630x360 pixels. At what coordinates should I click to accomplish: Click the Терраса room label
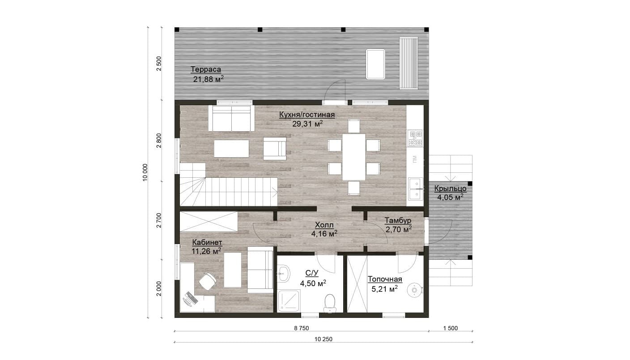(x=206, y=69)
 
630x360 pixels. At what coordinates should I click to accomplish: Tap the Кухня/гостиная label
(x=307, y=115)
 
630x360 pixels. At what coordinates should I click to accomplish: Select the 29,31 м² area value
(x=307, y=124)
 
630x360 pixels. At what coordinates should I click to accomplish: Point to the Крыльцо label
(x=450, y=189)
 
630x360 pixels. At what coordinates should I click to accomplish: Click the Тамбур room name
(x=398, y=220)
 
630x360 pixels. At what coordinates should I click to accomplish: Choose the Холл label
(x=324, y=225)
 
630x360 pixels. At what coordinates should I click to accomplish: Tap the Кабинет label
(x=207, y=242)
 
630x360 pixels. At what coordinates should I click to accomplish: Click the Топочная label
(x=385, y=279)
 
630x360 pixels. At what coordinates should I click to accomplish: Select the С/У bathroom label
(x=311, y=273)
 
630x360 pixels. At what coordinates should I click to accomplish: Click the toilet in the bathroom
(x=330, y=304)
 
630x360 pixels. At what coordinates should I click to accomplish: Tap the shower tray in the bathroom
(x=289, y=301)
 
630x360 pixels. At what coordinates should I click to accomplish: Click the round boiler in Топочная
(x=415, y=290)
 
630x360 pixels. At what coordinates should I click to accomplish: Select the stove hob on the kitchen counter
(x=415, y=138)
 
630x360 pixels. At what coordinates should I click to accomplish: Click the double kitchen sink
(x=415, y=189)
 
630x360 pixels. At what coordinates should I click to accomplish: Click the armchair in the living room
(x=275, y=149)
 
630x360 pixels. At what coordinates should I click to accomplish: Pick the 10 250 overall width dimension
(x=324, y=339)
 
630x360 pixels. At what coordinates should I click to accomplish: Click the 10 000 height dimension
(x=145, y=172)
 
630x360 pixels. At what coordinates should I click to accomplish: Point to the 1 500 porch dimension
(x=451, y=328)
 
